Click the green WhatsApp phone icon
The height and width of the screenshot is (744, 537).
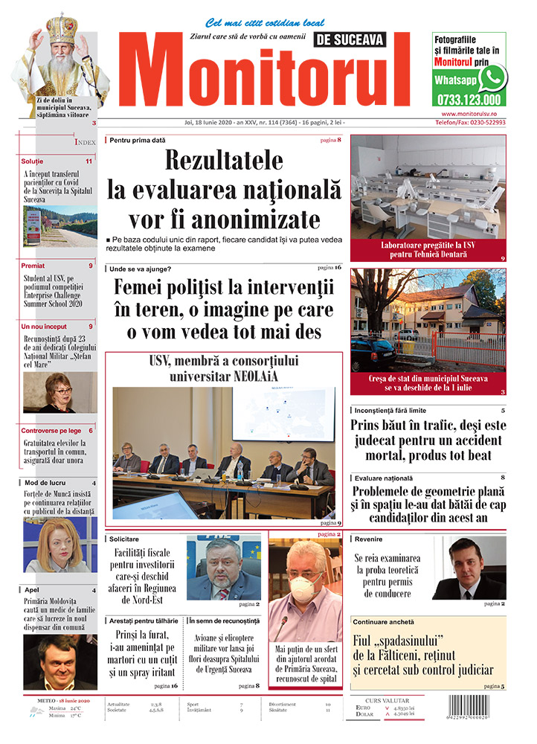point(492,78)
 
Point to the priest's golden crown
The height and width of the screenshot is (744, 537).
point(62,27)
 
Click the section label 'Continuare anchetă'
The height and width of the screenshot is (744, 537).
point(384,621)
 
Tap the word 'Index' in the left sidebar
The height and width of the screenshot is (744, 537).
point(85,141)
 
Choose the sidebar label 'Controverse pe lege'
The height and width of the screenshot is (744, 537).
point(51,431)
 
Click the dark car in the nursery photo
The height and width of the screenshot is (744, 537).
point(376,353)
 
